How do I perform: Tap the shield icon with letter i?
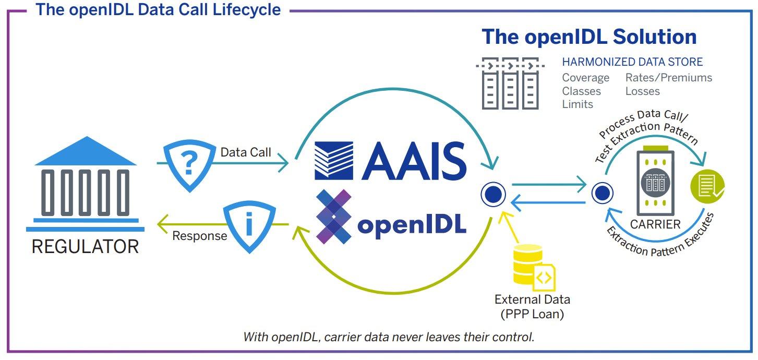point(249,225)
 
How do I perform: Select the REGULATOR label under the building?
point(85,246)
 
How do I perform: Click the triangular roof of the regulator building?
point(85,151)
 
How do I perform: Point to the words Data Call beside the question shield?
point(246,152)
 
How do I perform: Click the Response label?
point(200,236)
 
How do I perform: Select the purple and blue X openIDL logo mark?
point(334,216)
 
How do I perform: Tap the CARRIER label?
point(655,225)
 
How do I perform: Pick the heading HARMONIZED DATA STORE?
point(632,62)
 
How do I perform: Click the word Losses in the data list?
point(643,91)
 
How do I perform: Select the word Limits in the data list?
point(577,104)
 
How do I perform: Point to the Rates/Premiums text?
point(669,78)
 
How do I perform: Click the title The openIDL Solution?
point(589,37)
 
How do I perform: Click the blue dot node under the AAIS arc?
point(493,195)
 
